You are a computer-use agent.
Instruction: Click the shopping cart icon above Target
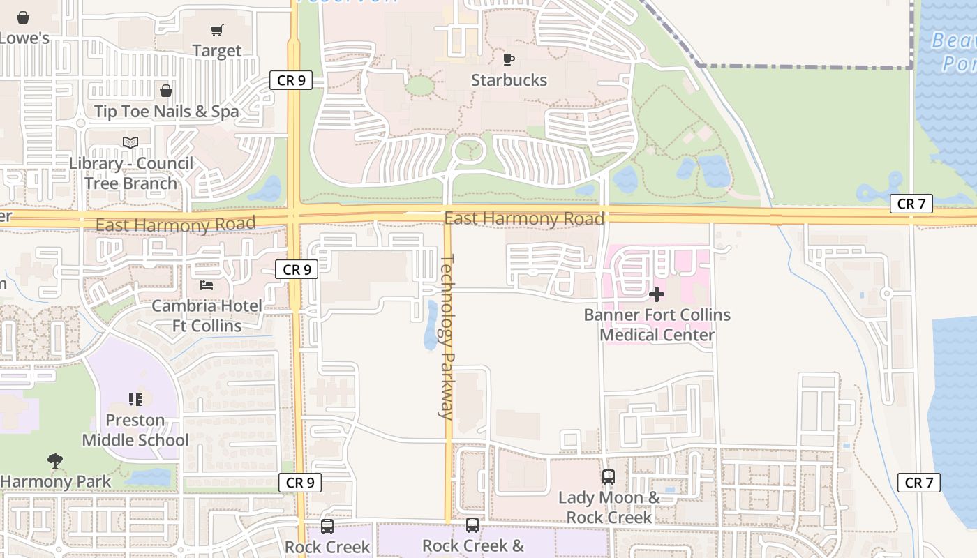point(217,30)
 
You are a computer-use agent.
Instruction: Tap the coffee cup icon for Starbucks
point(509,59)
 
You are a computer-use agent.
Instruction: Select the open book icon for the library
point(130,142)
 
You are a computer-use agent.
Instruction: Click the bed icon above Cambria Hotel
point(207,285)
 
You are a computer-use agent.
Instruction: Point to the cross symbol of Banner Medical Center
point(656,294)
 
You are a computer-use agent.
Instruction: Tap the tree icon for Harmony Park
point(55,460)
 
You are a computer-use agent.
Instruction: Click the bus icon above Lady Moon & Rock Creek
point(609,477)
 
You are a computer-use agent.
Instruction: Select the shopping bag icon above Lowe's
point(23,17)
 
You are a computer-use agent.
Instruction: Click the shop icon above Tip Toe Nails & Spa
point(166,91)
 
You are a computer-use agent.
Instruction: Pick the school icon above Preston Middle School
point(135,400)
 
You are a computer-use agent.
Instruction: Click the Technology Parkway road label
point(447,336)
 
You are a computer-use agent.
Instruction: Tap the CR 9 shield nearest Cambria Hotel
point(297,269)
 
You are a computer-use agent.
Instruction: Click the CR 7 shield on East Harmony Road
point(911,204)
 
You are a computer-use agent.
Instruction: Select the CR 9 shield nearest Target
point(291,80)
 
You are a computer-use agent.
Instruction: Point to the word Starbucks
point(509,80)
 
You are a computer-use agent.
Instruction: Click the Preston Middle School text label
point(135,430)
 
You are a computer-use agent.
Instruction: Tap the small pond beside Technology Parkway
point(431,326)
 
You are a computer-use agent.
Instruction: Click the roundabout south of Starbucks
point(468,149)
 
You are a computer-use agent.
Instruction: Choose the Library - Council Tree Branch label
point(130,173)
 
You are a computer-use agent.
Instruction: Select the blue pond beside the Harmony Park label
point(149,477)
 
